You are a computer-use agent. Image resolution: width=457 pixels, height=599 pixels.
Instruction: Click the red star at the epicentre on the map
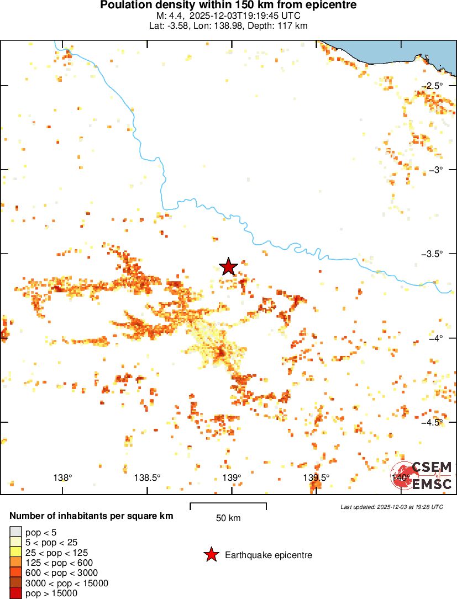[x=228, y=266]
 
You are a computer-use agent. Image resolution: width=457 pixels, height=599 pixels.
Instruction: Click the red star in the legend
[x=211, y=555]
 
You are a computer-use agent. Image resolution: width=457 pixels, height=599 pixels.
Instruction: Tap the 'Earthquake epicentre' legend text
[x=269, y=555]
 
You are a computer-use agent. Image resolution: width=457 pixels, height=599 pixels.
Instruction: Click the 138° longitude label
[x=63, y=477]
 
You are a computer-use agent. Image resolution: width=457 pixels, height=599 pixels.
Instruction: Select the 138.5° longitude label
[x=148, y=477]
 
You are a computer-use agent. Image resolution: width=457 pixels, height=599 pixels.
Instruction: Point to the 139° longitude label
[x=232, y=477]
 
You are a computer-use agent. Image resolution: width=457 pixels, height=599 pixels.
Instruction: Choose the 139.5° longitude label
[x=316, y=477]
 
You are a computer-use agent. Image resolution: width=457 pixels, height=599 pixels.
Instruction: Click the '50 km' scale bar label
[x=228, y=518]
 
